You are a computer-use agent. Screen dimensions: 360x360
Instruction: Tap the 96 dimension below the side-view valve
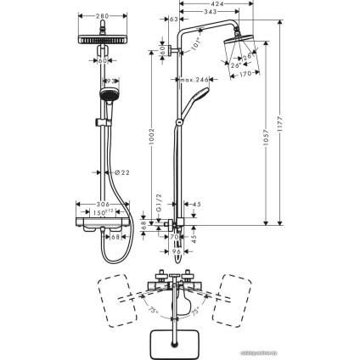pos(177,250)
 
